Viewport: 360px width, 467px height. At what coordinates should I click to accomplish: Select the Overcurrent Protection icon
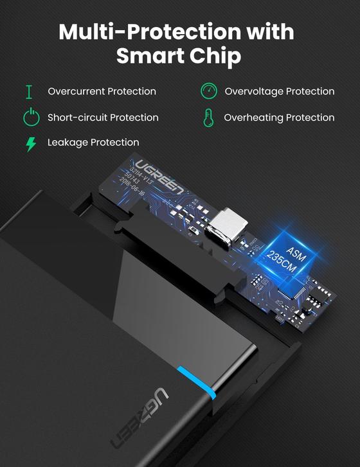29,91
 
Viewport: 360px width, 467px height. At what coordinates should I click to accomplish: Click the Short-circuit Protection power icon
30,117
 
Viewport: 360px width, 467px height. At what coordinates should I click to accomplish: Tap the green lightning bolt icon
30,143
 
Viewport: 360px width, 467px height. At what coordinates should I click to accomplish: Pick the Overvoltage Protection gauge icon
208,91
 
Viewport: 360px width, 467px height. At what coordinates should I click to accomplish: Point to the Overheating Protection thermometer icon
208,118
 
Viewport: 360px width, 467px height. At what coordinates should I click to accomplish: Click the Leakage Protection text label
93,143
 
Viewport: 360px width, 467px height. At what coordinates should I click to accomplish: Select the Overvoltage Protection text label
279,91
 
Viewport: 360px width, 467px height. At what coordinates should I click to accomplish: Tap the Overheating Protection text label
279,118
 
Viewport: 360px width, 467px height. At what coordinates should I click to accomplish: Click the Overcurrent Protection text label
102,91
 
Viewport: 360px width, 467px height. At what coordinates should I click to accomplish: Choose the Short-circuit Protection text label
103,118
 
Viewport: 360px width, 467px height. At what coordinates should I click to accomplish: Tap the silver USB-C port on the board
228,225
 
